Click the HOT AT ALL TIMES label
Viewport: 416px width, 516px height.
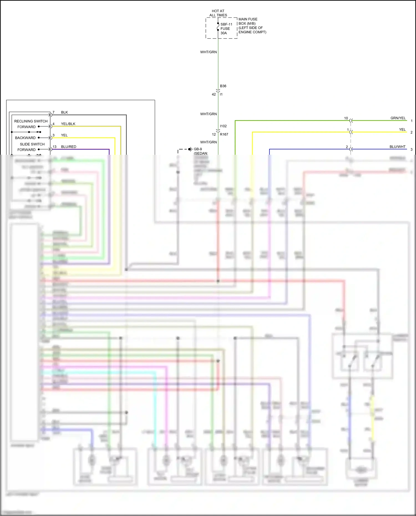(x=218, y=13)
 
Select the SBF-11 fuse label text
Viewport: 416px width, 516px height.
(x=226, y=24)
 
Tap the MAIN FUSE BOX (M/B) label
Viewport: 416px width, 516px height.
(x=248, y=21)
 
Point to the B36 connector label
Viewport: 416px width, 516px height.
(x=223, y=86)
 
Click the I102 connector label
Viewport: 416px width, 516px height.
(x=223, y=126)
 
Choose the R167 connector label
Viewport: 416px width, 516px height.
(x=224, y=134)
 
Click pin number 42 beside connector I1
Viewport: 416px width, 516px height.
(x=214, y=94)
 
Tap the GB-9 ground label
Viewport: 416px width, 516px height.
(x=198, y=149)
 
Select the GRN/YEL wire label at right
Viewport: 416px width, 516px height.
(x=398, y=118)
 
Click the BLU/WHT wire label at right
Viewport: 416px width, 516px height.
(x=397, y=147)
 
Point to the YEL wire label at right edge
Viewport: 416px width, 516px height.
(x=402, y=129)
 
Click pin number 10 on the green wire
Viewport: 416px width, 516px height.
(x=346, y=118)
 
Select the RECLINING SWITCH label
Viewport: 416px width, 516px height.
(x=31, y=121)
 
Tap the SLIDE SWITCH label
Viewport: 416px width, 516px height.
(x=32, y=144)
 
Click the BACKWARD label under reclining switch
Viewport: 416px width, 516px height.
(x=25, y=138)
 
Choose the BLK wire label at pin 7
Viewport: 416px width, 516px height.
(x=64, y=112)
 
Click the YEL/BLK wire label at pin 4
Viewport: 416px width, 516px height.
(x=68, y=124)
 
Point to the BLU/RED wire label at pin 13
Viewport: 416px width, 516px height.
(x=69, y=147)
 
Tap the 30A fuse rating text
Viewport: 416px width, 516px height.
(x=224, y=33)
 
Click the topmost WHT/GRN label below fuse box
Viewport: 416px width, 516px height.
(x=209, y=52)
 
